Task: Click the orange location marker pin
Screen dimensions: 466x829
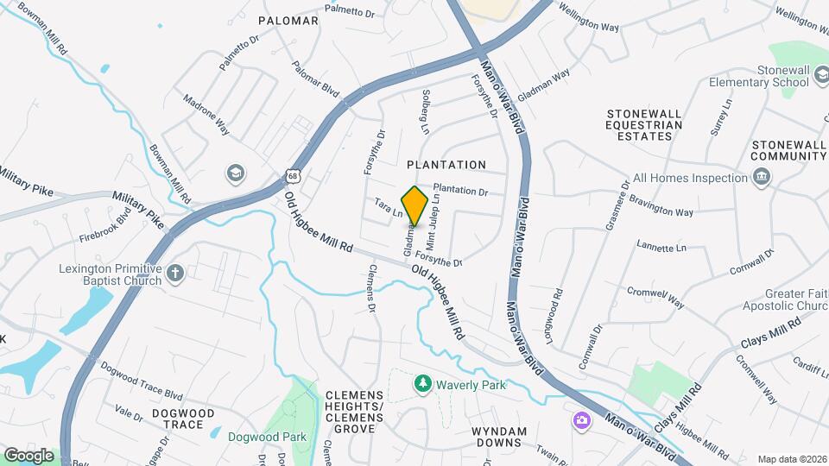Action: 414,205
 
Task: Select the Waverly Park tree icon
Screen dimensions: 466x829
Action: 422,383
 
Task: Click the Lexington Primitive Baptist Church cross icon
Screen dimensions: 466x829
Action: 175,274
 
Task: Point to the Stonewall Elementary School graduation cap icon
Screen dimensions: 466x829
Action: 822,82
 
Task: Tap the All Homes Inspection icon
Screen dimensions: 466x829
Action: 762,178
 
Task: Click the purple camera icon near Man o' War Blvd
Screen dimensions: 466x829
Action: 582,420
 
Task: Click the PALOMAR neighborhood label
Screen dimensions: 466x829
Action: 288,20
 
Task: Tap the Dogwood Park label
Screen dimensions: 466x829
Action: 267,437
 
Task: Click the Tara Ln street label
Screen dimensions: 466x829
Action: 389,208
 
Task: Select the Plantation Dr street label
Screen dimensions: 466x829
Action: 460,190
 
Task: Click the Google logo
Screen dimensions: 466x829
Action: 28,455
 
